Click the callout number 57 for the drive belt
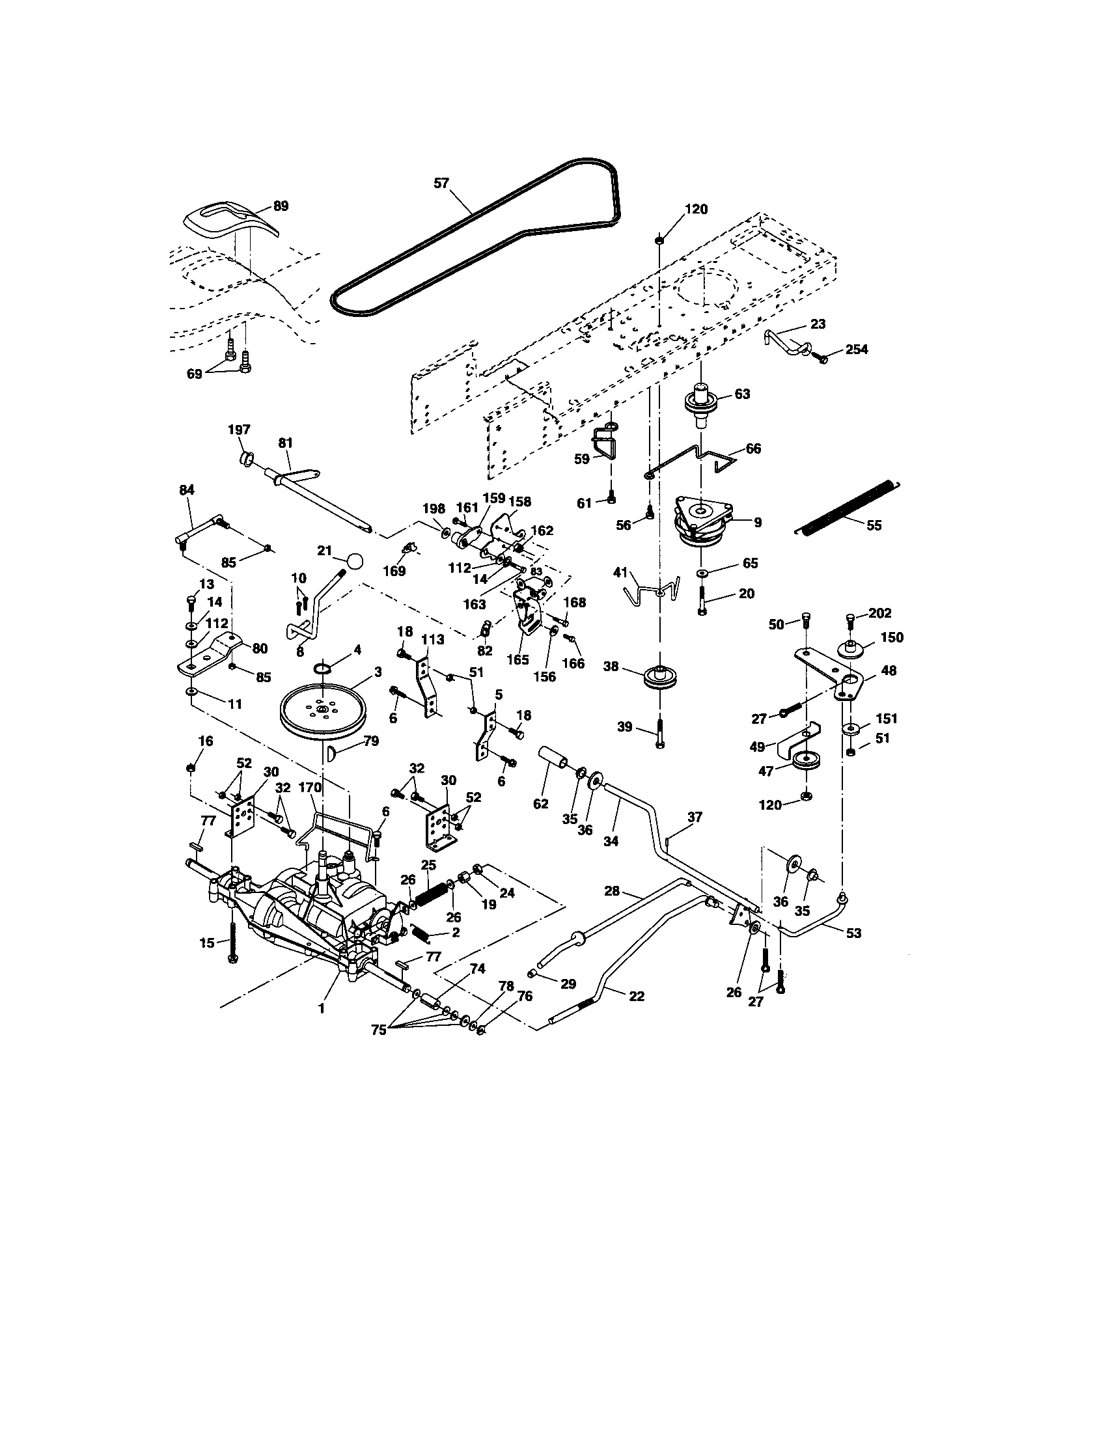441,183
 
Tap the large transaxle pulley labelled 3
323,711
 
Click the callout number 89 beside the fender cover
280,206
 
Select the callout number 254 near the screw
856,350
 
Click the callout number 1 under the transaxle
321,1009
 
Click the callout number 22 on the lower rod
636,996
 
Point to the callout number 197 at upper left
239,430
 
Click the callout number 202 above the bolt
880,613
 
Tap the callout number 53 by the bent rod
853,933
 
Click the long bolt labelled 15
232,944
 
